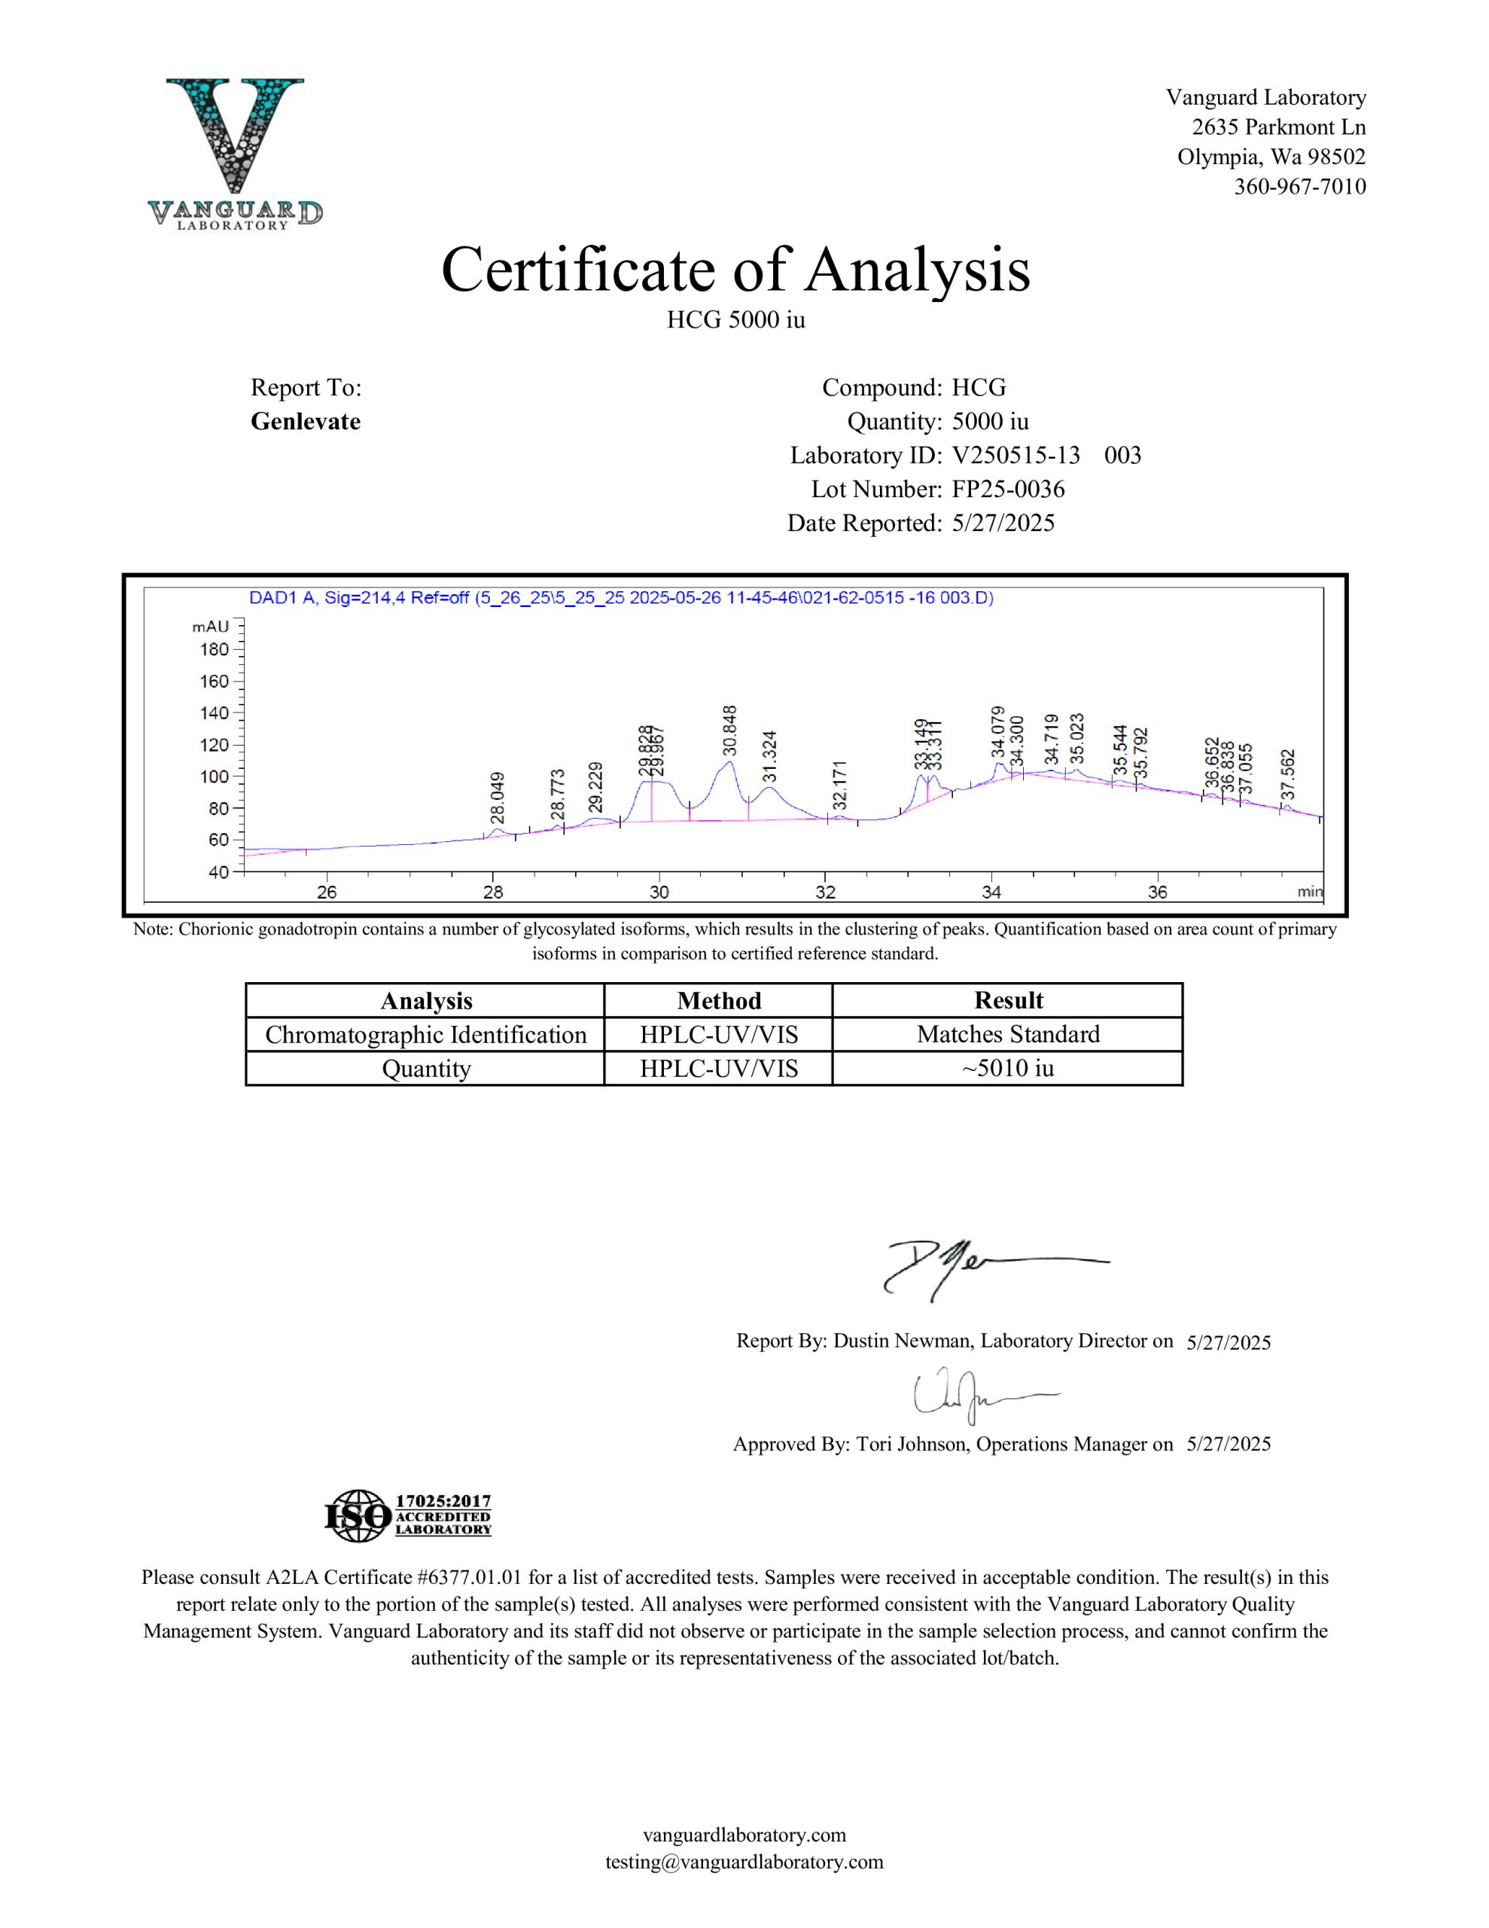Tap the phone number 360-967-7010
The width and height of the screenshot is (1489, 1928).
coord(1299,187)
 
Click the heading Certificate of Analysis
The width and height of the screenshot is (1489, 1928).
coord(735,270)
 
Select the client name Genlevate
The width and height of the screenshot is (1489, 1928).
coord(306,422)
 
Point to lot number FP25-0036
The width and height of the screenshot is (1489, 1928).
coord(1008,489)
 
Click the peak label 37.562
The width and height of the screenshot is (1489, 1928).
coord(1288,773)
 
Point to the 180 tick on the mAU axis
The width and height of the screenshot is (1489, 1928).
coord(215,650)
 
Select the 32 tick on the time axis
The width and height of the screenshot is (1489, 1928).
coord(825,892)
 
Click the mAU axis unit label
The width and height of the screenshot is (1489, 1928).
coord(210,627)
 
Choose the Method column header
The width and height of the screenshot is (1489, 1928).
coord(718,1000)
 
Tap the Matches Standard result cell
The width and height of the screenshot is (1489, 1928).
coord(1008,1035)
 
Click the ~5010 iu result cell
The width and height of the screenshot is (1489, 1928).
coord(1008,1068)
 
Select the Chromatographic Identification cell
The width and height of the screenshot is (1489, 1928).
coord(425,1035)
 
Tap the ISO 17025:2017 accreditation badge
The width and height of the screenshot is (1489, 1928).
coord(409,1517)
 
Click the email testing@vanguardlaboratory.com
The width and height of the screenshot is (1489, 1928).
coord(744,1862)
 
